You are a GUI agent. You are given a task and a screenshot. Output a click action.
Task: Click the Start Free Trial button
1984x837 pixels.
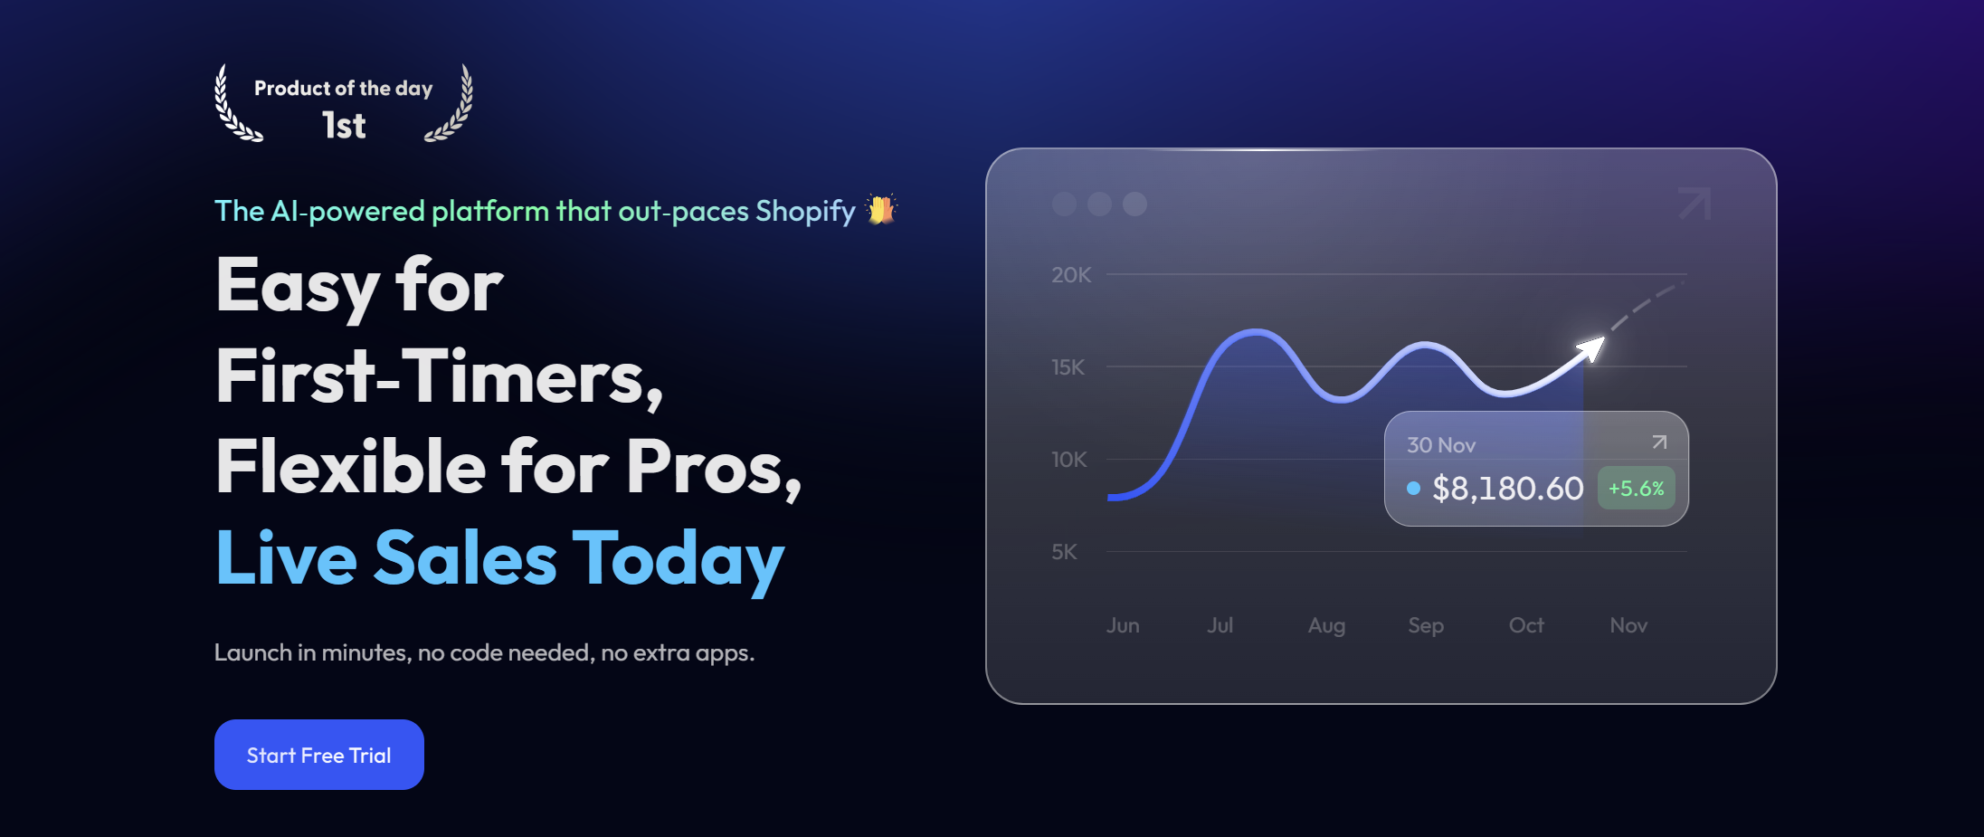pos(319,755)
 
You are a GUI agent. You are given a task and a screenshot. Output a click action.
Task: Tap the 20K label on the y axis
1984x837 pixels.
pos(1071,275)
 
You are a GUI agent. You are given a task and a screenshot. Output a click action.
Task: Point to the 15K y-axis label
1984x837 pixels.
pos(1068,367)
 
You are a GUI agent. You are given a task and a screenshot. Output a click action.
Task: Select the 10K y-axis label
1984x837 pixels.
pos(1069,460)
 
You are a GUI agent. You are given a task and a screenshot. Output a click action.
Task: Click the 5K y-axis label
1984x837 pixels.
pos(1064,552)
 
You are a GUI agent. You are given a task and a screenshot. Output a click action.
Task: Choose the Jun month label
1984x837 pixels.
pos(1123,625)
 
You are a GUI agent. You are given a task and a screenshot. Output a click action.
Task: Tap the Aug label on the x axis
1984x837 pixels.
pos(1326,626)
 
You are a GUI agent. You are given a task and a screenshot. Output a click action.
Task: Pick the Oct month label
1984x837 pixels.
pos(1526,625)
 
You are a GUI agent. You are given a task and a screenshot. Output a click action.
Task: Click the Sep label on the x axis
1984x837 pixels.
pos(1426,626)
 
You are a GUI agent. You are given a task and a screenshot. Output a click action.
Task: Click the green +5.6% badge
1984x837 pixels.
pos(1637,489)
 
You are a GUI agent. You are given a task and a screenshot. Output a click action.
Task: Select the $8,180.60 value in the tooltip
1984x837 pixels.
pos(1508,489)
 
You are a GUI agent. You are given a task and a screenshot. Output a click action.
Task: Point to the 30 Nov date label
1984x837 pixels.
pos(1441,445)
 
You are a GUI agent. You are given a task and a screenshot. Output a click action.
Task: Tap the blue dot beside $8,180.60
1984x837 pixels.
pos(1413,489)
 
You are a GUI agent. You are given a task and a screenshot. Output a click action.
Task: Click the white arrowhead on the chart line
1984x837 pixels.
pos(1592,347)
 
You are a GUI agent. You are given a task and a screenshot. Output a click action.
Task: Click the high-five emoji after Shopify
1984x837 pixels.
pos(880,209)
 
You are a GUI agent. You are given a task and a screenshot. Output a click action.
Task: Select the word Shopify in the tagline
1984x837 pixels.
pos(805,212)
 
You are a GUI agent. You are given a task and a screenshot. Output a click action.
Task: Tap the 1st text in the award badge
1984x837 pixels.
pos(344,126)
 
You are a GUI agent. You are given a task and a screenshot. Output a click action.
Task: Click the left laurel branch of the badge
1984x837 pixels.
pos(233,107)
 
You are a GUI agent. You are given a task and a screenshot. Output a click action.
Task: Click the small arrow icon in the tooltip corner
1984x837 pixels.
pos(1659,442)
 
